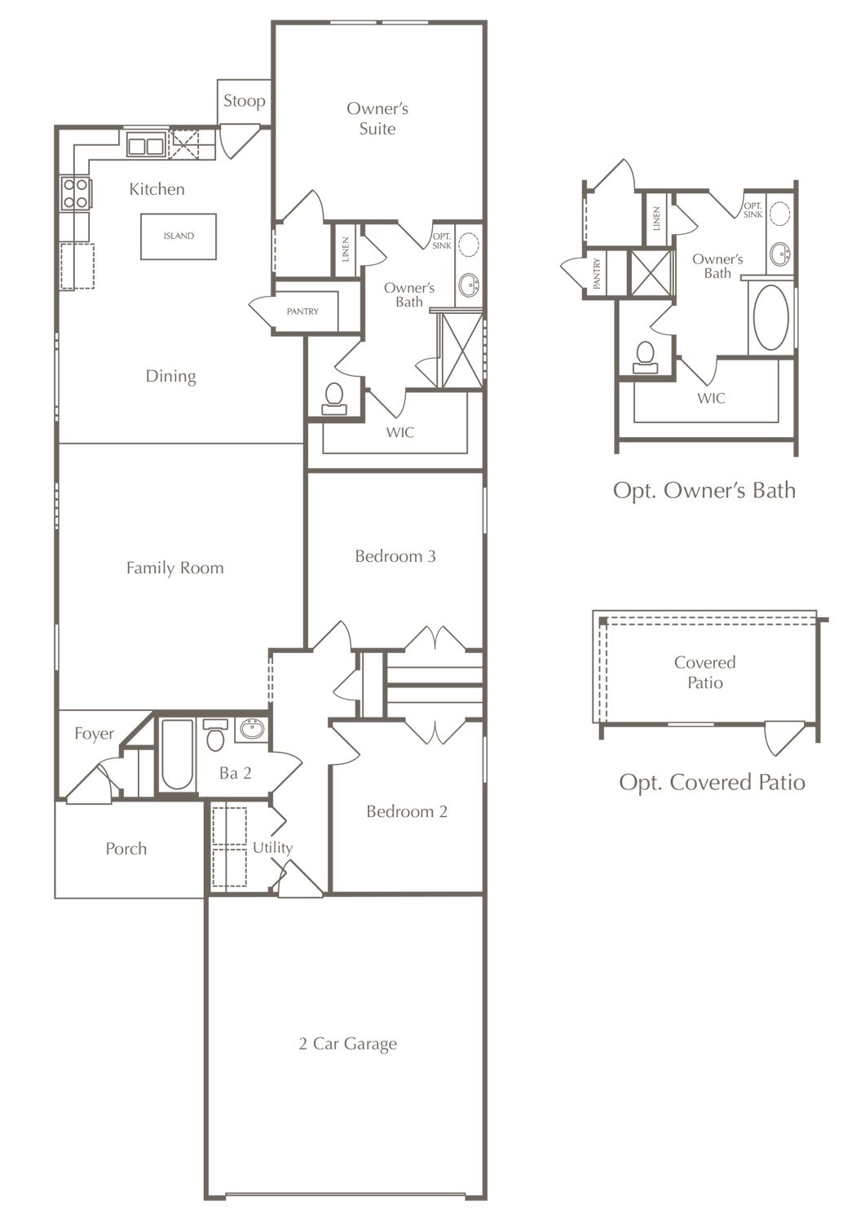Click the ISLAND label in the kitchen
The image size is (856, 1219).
pos(179,236)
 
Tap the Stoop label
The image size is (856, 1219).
pos(245,101)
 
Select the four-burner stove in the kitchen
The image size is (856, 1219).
pos(76,193)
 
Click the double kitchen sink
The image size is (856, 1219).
pos(146,146)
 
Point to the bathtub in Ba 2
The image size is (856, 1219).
pos(178,754)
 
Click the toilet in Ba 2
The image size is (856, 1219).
pos(215,735)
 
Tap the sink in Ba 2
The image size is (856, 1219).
pos(251,729)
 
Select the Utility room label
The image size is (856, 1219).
pos(272,847)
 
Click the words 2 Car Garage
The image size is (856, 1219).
pos(348,1044)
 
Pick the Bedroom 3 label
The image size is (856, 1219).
pos(395,556)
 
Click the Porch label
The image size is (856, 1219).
pos(126,848)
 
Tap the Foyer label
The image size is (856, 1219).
pos(94,734)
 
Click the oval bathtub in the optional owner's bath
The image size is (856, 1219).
pos(771,318)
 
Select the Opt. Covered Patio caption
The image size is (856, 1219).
pos(712,782)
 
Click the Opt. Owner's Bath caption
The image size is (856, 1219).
pos(704,490)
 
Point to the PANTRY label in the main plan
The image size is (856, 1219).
pos(302,311)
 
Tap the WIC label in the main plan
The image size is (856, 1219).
pos(400,433)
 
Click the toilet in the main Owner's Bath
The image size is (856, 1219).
pos(333,399)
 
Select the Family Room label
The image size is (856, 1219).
pos(174,568)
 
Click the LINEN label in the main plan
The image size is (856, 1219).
pos(346,250)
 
